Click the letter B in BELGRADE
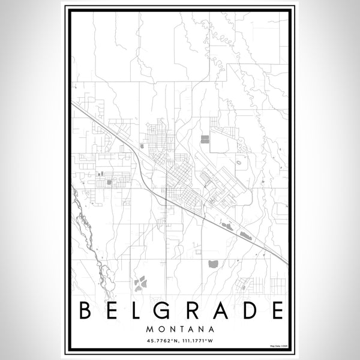(85, 310)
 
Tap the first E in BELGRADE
(113, 310)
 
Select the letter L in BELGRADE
(139, 310)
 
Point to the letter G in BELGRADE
(166, 310)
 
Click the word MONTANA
(180, 329)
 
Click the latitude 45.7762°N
(160, 342)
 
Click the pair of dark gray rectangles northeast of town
(205, 139)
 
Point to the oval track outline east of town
(239, 161)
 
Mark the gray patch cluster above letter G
(141, 282)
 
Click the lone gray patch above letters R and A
(213, 263)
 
